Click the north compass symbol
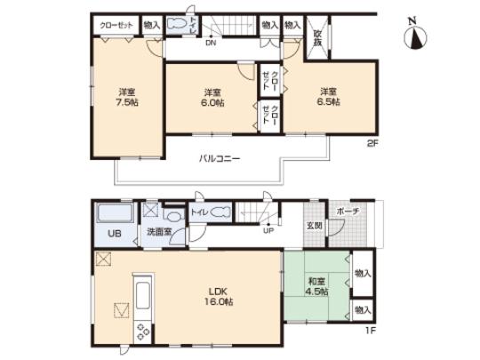click(x=415, y=36)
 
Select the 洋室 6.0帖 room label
click(x=212, y=98)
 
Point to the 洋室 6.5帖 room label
click(x=329, y=96)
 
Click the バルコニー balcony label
click(x=220, y=158)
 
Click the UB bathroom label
click(x=114, y=234)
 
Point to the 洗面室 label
click(x=159, y=234)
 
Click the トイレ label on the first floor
click(x=199, y=212)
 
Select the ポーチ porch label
click(x=347, y=212)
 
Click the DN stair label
click(x=211, y=42)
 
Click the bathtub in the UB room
click(x=114, y=214)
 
